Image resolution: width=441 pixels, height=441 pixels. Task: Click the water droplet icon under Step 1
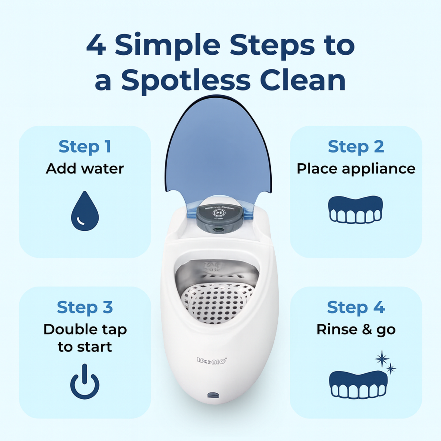point(85,211)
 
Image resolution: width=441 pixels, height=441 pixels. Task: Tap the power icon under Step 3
point(85,382)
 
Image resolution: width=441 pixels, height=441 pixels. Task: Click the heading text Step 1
point(85,147)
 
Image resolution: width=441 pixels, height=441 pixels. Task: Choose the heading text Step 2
point(356,147)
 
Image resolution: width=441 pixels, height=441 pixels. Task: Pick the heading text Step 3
point(85,307)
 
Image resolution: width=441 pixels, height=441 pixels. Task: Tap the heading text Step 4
point(356,307)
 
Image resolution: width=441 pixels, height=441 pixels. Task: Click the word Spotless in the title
point(186,81)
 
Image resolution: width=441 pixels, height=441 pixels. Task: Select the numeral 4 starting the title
point(96,45)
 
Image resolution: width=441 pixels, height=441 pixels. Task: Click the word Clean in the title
point(303,80)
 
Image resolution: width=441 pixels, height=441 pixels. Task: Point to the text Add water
point(85,169)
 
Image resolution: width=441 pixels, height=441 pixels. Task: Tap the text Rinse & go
point(356,330)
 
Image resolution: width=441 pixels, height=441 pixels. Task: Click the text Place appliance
point(356,169)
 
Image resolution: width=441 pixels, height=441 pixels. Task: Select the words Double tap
point(85,330)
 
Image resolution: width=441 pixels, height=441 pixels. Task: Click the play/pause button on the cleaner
point(219,213)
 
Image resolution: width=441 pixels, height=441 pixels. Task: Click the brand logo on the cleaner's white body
point(212,361)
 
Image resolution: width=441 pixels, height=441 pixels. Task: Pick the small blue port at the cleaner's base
point(213,395)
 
